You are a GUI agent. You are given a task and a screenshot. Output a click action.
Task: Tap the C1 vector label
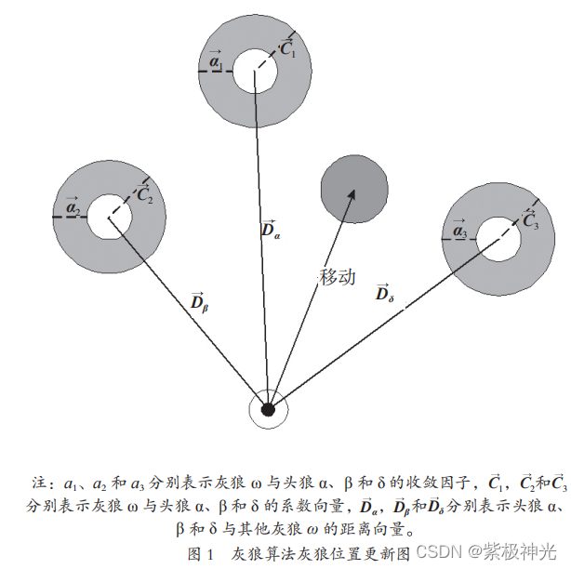[x=287, y=49]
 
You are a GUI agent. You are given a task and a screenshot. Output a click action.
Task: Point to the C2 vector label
[x=144, y=193]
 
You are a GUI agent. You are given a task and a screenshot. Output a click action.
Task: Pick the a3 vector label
[x=458, y=228]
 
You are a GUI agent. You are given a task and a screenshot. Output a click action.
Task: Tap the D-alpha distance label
[x=270, y=230]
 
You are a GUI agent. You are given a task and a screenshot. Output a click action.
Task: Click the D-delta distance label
[x=384, y=293]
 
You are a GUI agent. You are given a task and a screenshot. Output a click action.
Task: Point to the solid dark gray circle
[x=354, y=190]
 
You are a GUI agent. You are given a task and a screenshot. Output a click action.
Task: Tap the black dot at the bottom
[x=268, y=409]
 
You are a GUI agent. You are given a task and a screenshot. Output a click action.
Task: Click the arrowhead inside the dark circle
[x=352, y=194]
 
